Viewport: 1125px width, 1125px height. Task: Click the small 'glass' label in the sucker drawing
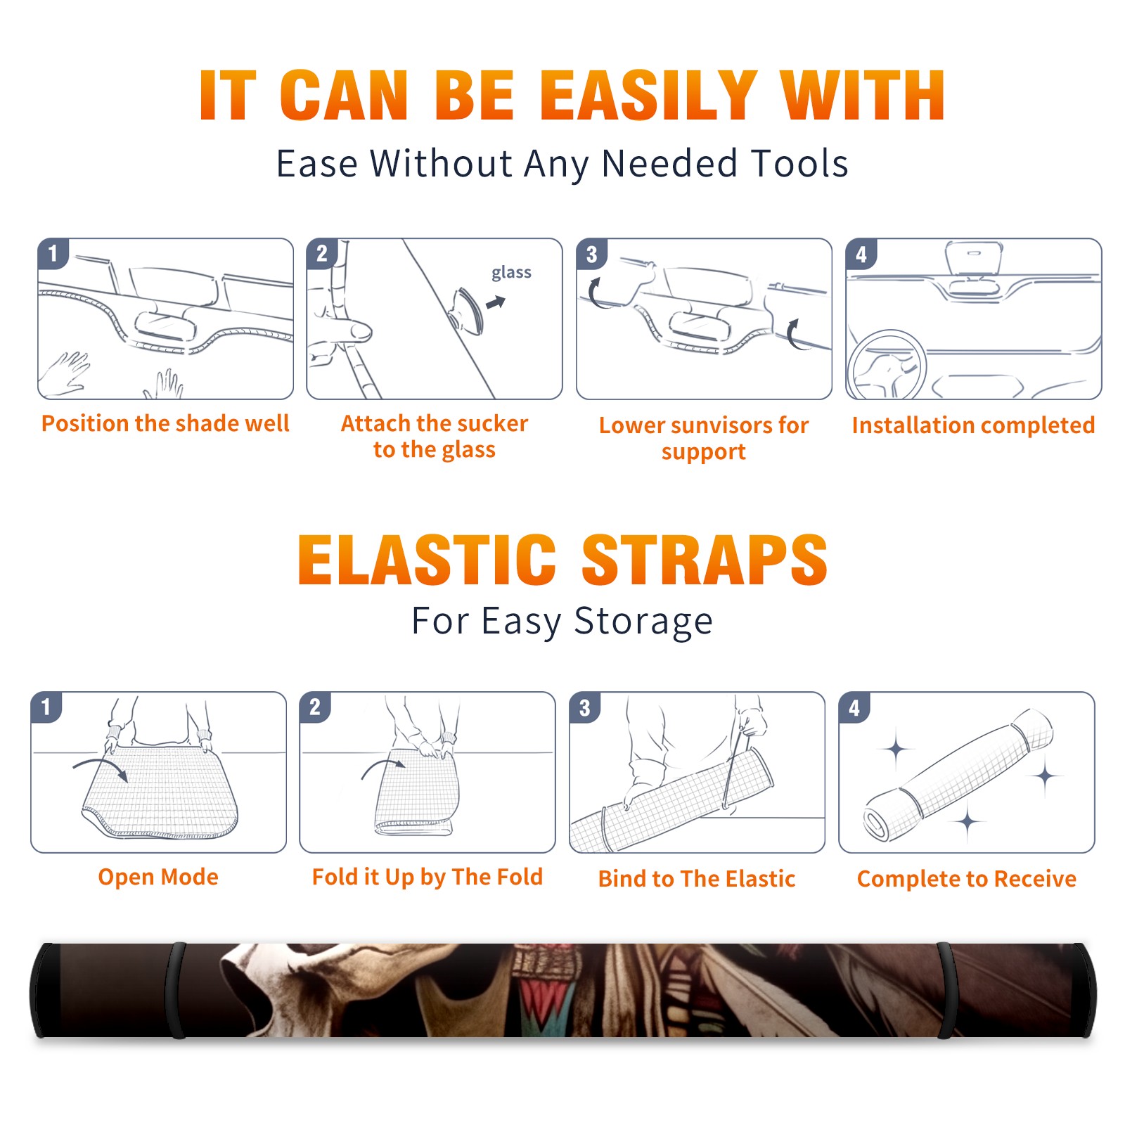click(x=511, y=273)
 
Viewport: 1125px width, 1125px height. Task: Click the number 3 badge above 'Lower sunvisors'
click(x=591, y=254)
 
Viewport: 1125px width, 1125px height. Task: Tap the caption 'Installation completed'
click(x=973, y=425)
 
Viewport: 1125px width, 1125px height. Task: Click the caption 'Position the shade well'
click(x=165, y=423)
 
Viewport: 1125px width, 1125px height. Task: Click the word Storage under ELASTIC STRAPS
click(x=643, y=622)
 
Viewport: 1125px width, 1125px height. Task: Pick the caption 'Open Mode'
click(x=158, y=877)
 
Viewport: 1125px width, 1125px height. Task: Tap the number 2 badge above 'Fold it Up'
click(x=315, y=707)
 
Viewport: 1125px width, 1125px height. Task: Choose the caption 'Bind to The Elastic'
click(x=697, y=879)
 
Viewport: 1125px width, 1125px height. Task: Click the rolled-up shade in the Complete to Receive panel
click(x=958, y=776)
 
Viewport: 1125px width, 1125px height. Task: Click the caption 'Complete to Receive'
click(x=967, y=879)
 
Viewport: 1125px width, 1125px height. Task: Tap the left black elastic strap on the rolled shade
click(x=176, y=990)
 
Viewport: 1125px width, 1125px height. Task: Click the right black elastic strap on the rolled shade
click(x=946, y=990)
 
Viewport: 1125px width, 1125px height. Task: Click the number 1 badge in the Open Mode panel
click(x=46, y=707)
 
